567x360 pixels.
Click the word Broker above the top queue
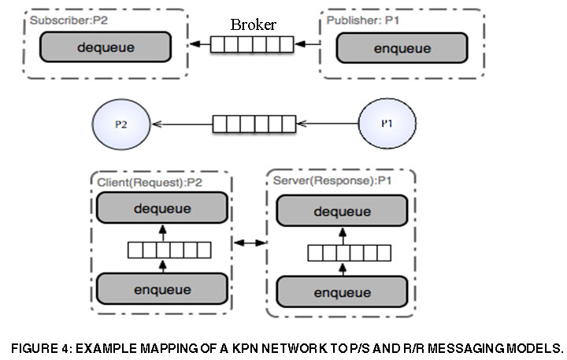tap(254, 24)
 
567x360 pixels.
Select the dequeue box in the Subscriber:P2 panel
tap(106, 47)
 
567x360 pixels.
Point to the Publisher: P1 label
tap(364, 19)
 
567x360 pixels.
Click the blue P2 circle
tap(121, 124)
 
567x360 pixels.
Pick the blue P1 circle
tap(387, 124)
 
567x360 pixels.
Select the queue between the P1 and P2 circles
tap(253, 124)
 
